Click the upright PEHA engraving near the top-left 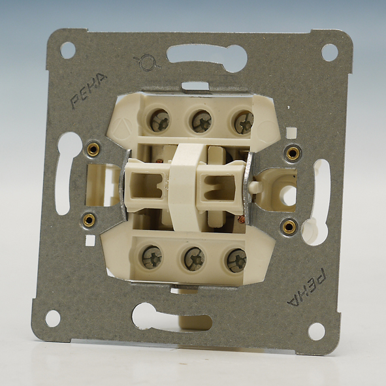[88, 90]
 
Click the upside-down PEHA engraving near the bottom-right [308, 287]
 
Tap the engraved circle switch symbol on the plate [147, 63]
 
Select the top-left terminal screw [159, 121]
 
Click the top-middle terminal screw [202, 121]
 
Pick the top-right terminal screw [244, 122]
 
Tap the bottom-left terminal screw [152, 257]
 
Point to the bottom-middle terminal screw [194, 259]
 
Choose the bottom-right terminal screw [236, 261]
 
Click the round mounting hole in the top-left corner [68, 50]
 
